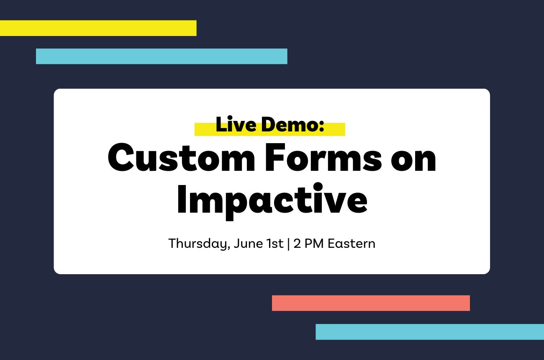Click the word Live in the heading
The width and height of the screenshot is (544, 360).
click(x=236, y=124)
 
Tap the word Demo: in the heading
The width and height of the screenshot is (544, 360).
click(x=293, y=124)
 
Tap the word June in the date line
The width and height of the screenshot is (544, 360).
click(x=248, y=243)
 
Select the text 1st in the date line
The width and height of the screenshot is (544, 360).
click(x=275, y=243)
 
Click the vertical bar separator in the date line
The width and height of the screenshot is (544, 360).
click(x=288, y=244)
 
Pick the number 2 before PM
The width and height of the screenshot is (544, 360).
click(x=297, y=243)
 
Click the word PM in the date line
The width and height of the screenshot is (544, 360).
click(x=314, y=243)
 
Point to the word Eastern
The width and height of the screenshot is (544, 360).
click(x=352, y=243)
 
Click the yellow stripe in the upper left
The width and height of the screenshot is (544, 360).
click(x=98, y=28)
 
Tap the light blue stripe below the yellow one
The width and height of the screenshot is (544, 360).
click(x=162, y=57)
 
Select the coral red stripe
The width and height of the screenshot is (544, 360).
click(x=371, y=303)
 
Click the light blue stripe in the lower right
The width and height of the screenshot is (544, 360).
click(x=430, y=332)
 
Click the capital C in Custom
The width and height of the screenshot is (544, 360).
click(x=121, y=157)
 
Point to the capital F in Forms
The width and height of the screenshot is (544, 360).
click(x=275, y=157)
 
